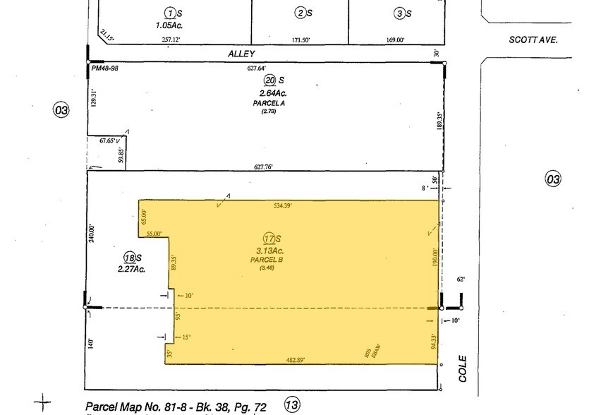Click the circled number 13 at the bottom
[292, 404]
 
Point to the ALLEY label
[241, 54]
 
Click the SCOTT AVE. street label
[533, 40]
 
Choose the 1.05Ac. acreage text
[170, 25]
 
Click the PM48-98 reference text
[105, 68]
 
